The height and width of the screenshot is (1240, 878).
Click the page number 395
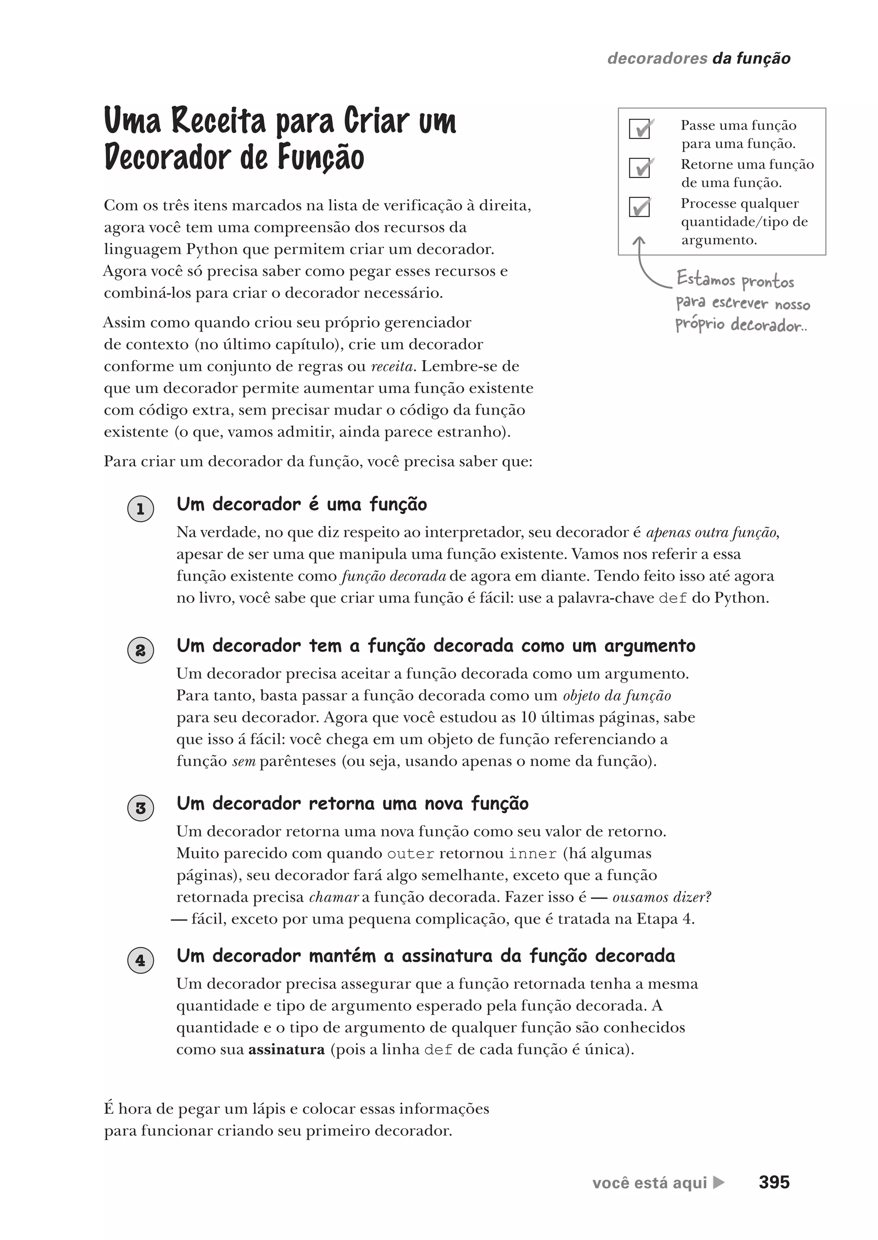774,1182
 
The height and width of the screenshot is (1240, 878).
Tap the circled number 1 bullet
141,509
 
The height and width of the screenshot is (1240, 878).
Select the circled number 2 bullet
141,650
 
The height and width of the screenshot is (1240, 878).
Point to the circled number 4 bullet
141,960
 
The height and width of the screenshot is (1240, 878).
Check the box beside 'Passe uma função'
640,129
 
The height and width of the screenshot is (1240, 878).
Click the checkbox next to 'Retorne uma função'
640,168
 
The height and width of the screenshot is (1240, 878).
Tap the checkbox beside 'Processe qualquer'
640,207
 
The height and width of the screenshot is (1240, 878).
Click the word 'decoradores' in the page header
657,58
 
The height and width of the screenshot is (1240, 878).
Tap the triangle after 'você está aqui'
719,1182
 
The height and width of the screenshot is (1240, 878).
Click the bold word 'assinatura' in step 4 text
286,1050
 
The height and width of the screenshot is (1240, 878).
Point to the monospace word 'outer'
410,854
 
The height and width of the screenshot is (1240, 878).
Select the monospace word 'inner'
532,854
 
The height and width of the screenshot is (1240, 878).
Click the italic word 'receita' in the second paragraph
392,367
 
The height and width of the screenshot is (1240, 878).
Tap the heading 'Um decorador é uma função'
302,504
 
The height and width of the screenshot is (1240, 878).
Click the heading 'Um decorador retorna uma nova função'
352,803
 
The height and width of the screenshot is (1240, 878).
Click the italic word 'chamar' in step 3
334,897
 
